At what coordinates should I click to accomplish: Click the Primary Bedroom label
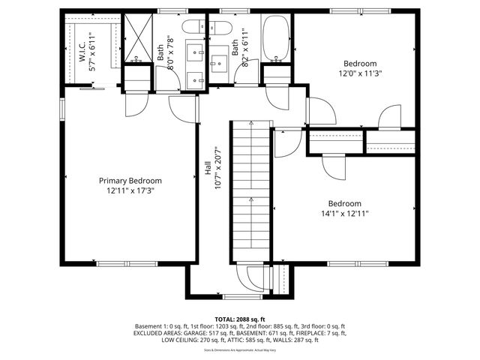pos(130,181)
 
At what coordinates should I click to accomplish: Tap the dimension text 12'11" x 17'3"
pos(130,191)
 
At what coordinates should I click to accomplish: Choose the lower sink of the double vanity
pos(198,77)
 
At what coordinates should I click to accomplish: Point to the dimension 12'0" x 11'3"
pos(359,74)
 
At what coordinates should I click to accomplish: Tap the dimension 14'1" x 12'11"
pos(344,214)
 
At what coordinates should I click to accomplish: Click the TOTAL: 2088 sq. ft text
pos(240,319)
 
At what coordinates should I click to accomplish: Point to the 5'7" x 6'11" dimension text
pos(92,51)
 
